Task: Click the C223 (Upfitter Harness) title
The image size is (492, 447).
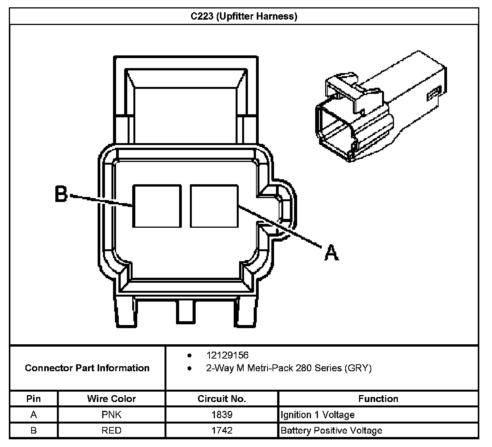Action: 244,16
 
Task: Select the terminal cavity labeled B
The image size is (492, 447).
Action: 157,206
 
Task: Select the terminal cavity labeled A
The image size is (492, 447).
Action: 214,206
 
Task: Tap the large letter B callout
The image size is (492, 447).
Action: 61,194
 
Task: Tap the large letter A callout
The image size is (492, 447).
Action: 331,253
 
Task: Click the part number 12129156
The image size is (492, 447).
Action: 227,355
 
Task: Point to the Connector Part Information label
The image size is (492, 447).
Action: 87,368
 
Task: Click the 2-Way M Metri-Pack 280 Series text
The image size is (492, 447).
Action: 288,368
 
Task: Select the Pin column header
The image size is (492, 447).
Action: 33,399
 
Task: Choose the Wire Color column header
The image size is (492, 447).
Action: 111,399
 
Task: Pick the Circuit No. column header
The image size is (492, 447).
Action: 221,399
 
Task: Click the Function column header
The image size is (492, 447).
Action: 378,399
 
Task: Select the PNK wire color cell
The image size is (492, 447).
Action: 111,415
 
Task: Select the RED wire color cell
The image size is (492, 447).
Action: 111,430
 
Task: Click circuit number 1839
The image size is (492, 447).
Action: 222,415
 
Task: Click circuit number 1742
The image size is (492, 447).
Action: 222,430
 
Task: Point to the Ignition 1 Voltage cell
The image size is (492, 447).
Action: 317,415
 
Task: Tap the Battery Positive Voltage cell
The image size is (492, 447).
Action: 331,430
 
